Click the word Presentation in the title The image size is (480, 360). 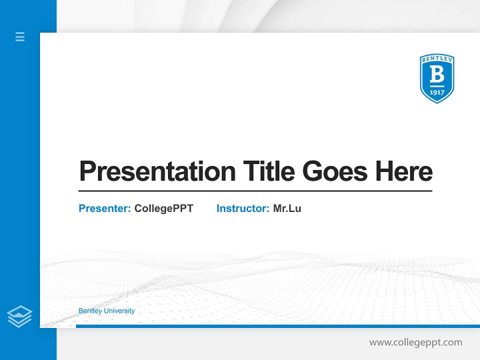point(157,171)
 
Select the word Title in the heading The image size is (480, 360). point(268,171)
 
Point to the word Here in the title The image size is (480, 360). point(404,171)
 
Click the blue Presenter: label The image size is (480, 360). point(104,208)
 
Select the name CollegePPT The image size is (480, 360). point(163,208)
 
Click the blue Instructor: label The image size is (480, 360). point(242,208)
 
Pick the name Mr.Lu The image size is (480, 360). point(287,208)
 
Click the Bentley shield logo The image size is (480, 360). point(436,78)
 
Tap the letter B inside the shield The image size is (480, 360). point(436,75)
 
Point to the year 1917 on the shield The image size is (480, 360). point(436,92)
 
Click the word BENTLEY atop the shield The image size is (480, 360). point(436,59)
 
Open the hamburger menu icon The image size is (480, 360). point(20,36)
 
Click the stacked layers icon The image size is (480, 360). point(19,316)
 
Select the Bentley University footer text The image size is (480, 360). point(106,311)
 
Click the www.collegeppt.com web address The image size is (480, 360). point(415,342)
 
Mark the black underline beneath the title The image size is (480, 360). point(255,191)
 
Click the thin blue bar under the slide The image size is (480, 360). point(277,326)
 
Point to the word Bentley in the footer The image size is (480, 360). point(90,311)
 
